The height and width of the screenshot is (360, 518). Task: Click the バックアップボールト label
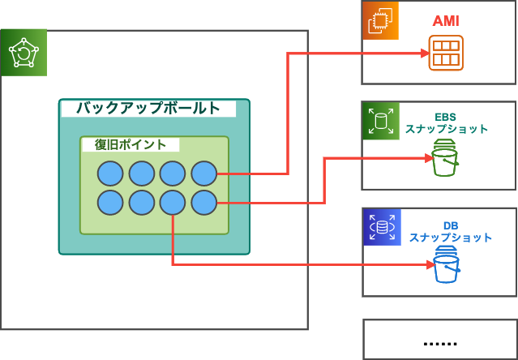coord(148,108)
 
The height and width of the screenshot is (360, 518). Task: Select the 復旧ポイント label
coord(131,144)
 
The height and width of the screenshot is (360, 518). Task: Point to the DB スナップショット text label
coord(450,231)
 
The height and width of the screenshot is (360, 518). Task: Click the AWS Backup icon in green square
coord(24,53)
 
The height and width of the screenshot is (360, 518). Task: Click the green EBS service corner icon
coord(380,122)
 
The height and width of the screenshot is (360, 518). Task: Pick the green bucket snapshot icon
coord(445,159)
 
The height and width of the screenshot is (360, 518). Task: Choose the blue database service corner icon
coord(381,227)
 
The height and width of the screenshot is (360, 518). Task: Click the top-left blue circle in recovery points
coord(110,174)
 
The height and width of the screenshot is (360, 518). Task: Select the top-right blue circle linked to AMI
coord(203,174)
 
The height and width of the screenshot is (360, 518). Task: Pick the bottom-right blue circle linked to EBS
coord(203,203)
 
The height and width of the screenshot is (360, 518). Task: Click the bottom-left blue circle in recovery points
coord(110,203)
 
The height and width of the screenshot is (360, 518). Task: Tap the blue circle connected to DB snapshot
coord(173,203)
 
